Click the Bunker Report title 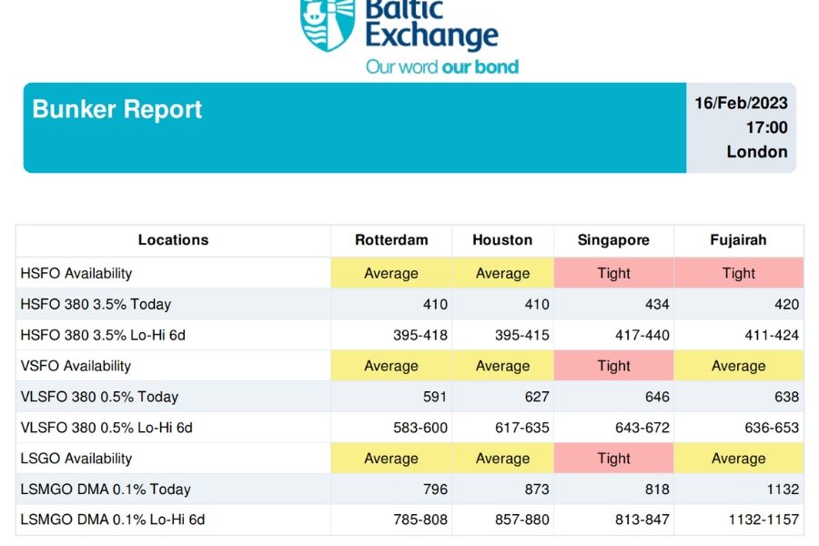[117, 110]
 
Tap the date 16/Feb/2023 [741, 103]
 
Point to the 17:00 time [766, 127]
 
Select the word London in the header [757, 152]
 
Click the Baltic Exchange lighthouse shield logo [328, 25]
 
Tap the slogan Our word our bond [442, 66]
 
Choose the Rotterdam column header [391, 240]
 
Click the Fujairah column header [738, 240]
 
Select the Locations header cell [173, 240]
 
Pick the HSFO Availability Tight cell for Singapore [613, 273]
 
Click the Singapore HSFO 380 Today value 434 [657, 304]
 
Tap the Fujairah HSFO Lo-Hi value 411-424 [772, 335]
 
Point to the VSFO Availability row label [76, 366]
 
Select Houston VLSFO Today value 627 [537, 397]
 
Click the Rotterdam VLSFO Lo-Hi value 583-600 [420, 428]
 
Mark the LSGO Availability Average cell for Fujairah [739, 459]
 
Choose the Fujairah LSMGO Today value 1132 [783, 489]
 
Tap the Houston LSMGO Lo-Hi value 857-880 [521, 520]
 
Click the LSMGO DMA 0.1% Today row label [106, 489]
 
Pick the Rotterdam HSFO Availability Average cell [391, 273]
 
